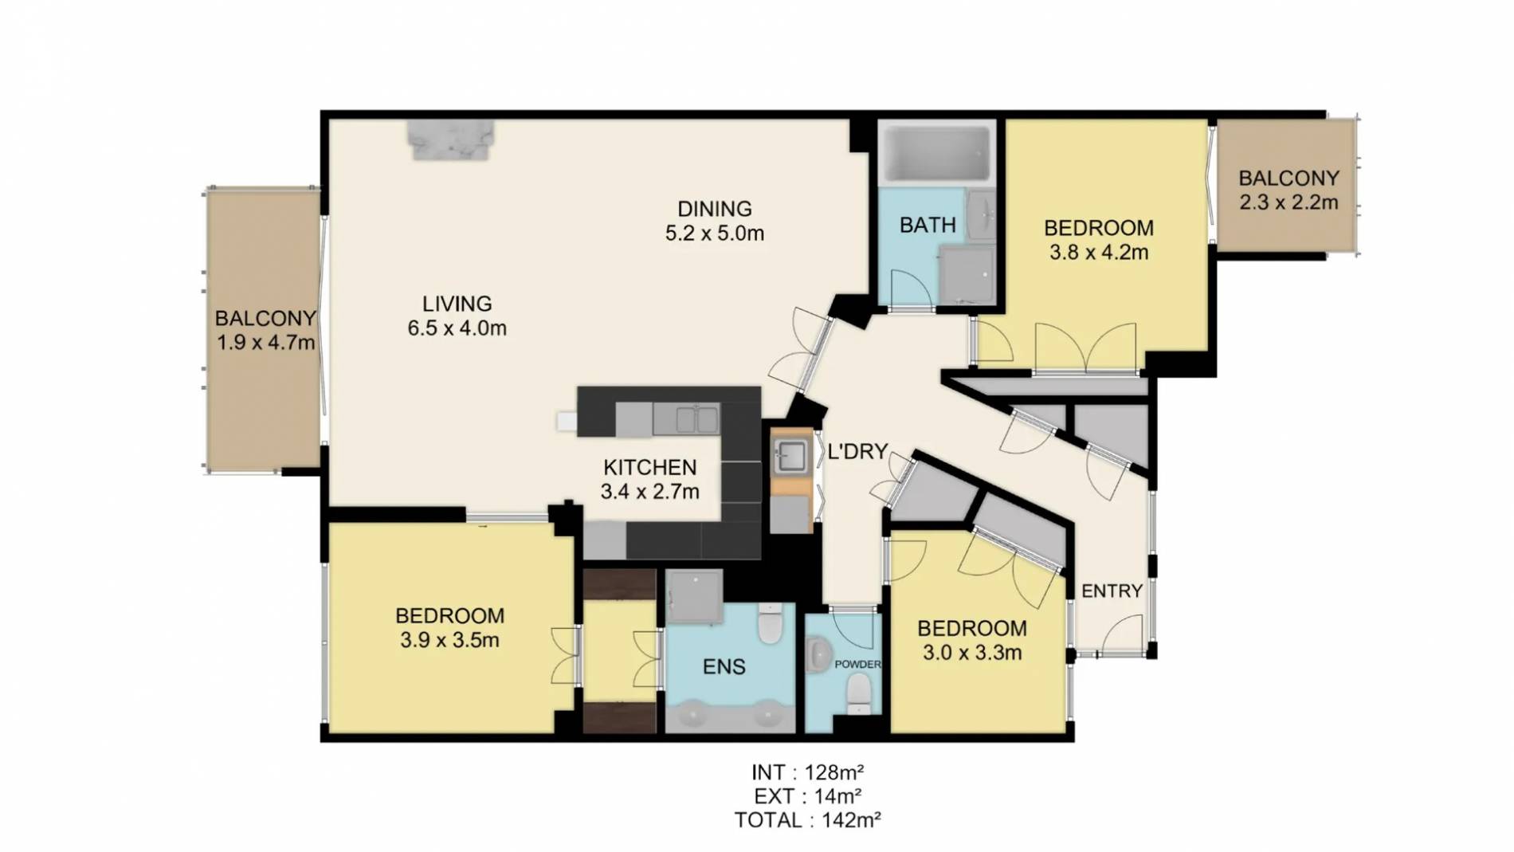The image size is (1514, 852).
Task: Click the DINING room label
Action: pos(714,209)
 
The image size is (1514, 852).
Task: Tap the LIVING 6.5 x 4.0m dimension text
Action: pos(457,328)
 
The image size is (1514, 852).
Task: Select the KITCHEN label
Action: pos(649,467)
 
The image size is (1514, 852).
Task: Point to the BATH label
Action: pos(927,226)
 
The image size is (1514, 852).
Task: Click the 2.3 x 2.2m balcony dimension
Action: pos(1288,202)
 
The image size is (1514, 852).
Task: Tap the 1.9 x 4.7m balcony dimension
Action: pos(265,344)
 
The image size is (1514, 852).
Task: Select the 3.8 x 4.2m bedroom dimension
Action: pos(1098,253)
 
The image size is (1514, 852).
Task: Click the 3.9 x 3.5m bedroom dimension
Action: pos(449,640)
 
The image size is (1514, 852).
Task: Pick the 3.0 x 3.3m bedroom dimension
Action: pos(971,653)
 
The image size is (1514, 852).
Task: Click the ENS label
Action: pos(724,666)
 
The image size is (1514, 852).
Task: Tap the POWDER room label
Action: pos(857,664)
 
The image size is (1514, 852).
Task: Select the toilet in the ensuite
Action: pos(771,623)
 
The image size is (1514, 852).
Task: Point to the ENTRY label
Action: pos(1112,591)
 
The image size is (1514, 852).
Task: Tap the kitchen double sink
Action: pos(696,419)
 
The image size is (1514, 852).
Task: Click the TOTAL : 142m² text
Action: pos(807,820)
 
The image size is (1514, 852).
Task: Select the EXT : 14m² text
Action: pos(807,796)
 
